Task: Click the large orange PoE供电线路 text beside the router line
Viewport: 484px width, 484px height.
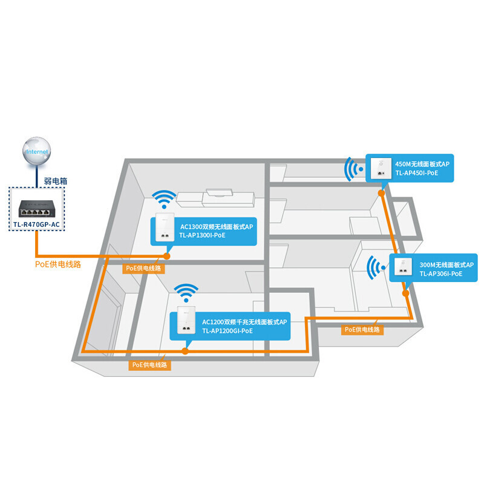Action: coord(58,264)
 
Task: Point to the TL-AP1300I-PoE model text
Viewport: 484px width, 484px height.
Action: coord(202,235)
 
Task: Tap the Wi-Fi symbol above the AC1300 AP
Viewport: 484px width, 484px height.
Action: coord(164,199)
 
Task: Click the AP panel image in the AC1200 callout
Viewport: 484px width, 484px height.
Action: coord(186,323)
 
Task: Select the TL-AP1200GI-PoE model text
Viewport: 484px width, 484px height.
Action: coord(227,331)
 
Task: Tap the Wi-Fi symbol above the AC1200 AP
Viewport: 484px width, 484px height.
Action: coord(186,293)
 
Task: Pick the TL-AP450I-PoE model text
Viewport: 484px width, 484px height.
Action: coord(416,172)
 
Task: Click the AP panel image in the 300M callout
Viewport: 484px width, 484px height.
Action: coord(404,268)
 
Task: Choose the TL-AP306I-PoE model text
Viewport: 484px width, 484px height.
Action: coord(440,273)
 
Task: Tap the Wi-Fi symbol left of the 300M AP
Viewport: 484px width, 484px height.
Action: coord(378,267)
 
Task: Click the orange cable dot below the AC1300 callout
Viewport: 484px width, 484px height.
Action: coord(167,256)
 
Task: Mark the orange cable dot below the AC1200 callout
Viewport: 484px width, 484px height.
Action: coord(186,350)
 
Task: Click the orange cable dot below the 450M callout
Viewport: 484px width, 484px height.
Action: coord(382,193)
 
